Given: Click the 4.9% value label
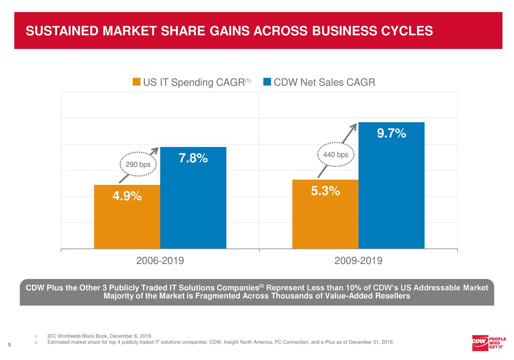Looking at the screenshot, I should coord(127,196).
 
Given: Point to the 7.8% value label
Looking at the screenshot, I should coord(193,159).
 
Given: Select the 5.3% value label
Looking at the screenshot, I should coord(326,192).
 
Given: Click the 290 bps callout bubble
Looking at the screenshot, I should coord(138,164).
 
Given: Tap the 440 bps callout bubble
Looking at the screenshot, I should coord(336,155).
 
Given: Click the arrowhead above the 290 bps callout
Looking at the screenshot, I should coord(155,151).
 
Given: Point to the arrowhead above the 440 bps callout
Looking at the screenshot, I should coord(353,126).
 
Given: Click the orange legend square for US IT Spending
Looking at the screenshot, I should coord(137,82).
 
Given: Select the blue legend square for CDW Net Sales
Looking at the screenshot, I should coord(267,82).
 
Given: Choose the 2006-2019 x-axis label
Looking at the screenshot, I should coord(160,261).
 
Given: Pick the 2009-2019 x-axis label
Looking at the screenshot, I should coord(358,261).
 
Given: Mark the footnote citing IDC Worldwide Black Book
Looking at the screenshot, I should coord(99,336).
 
